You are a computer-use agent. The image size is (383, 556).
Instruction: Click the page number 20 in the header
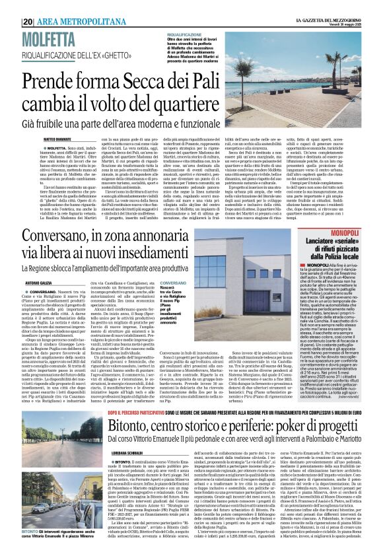click(28, 22)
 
